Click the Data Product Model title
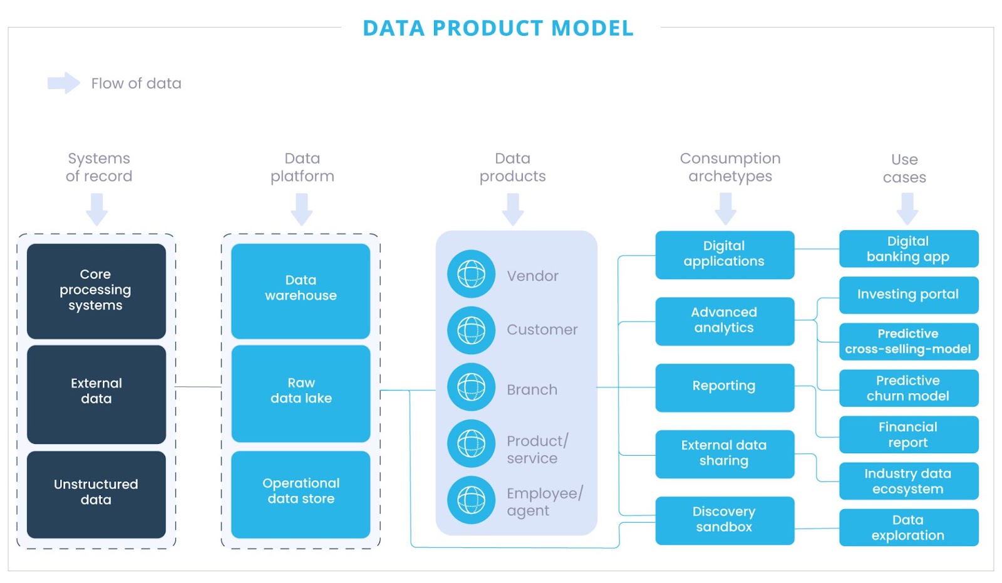click(498, 28)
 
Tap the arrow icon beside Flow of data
click(63, 83)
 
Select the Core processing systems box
click(96, 290)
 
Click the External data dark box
click(96, 392)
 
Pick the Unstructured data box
click(96, 493)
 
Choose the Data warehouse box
click(301, 289)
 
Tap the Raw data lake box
click(301, 392)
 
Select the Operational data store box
click(301, 492)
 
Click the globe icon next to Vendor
click(471, 274)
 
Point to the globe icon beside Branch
click(471, 387)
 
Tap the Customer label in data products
click(542, 330)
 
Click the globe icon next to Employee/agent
click(471, 500)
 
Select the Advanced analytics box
click(725, 320)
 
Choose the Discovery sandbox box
click(725, 520)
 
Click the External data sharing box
click(725, 453)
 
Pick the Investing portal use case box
click(908, 295)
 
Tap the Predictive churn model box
click(908, 388)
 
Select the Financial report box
click(908, 434)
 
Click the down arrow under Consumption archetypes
click(725, 209)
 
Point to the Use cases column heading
click(904, 168)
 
